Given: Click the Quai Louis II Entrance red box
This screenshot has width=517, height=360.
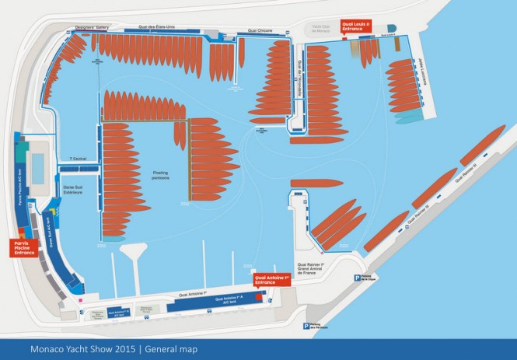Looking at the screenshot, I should click(x=354, y=25).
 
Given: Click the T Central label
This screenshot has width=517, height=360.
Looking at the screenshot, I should click(x=79, y=159).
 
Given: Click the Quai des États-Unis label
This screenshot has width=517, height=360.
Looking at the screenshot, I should click(x=155, y=28).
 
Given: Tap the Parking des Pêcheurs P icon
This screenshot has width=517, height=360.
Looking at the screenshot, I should click(x=308, y=327).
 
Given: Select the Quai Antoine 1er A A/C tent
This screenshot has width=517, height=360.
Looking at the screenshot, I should click(x=230, y=299).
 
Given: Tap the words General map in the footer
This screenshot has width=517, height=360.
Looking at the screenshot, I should click(x=173, y=349).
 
